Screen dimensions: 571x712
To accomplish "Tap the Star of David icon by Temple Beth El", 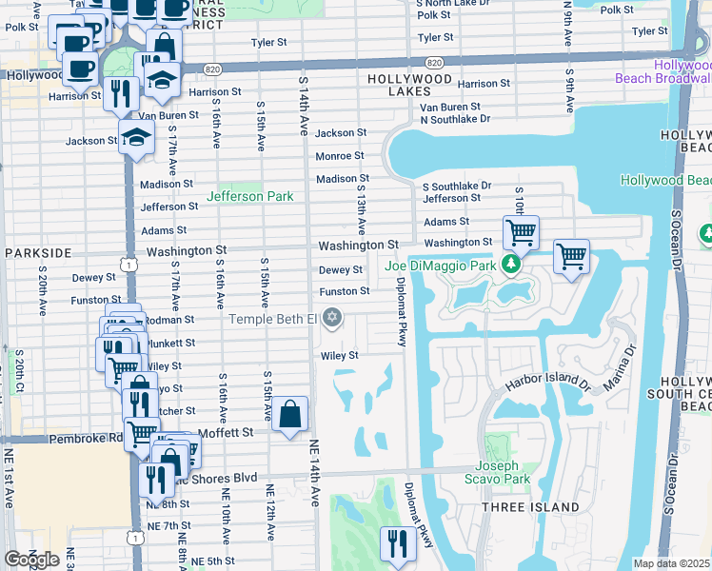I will [x=331, y=318].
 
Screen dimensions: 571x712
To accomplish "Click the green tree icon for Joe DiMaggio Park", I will [x=512, y=264].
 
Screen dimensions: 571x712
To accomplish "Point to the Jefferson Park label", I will [x=251, y=196].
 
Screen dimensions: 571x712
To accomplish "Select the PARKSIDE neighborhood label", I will [x=38, y=253].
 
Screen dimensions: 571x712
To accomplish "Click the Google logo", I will [x=31, y=560].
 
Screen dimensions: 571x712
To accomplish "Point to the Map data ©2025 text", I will [x=671, y=563].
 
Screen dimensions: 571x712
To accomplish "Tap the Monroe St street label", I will [x=340, y=155].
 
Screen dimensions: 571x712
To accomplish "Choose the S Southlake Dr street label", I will [x=457, y=186].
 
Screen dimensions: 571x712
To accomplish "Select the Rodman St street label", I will [x=171, y=320].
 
